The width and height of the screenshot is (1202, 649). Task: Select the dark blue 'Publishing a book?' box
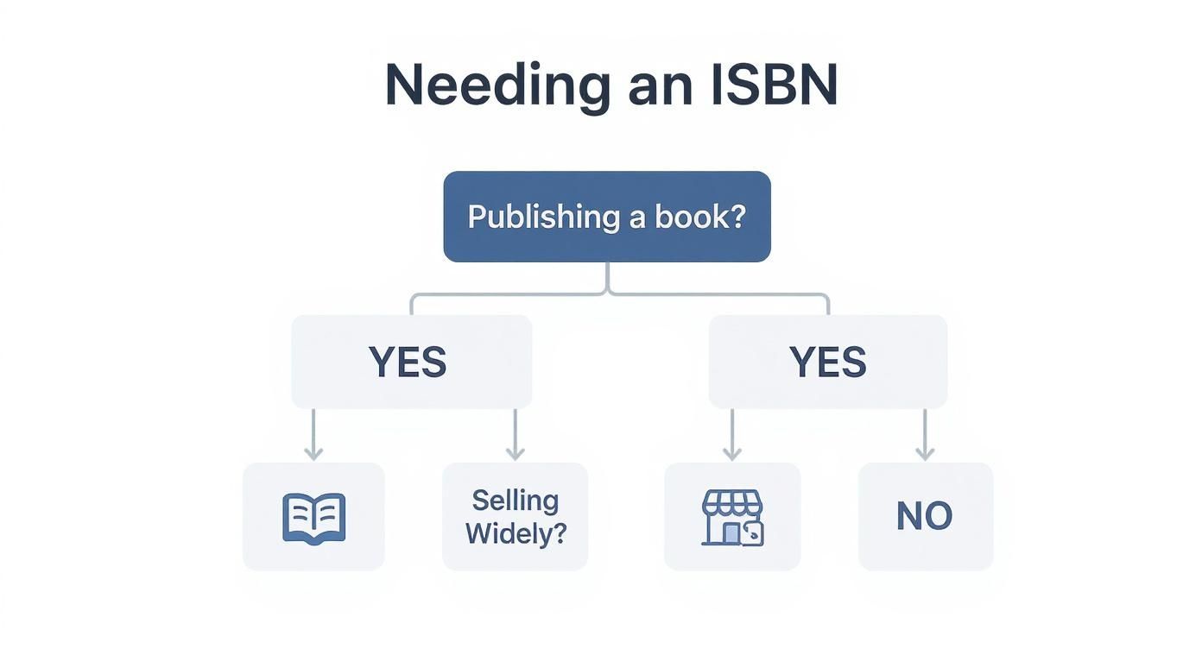(607, 217)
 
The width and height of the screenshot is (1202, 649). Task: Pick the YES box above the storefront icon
(827, 362)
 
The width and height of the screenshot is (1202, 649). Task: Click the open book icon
(314, 518)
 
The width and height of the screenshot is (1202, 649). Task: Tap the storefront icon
(732, 518)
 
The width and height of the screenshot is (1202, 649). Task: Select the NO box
(925, 516)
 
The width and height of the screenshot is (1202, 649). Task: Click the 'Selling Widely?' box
(516, 516)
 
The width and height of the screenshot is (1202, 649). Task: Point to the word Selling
(516, 501)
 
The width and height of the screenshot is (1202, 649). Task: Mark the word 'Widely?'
(516, 533)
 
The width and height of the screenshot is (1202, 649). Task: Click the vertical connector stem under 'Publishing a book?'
(608, 278)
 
